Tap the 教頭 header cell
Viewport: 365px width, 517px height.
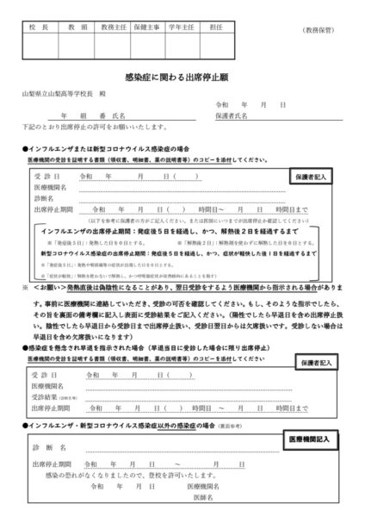click(x=76, y=28)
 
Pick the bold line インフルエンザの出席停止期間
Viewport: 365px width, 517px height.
click(x=155, y=231)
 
